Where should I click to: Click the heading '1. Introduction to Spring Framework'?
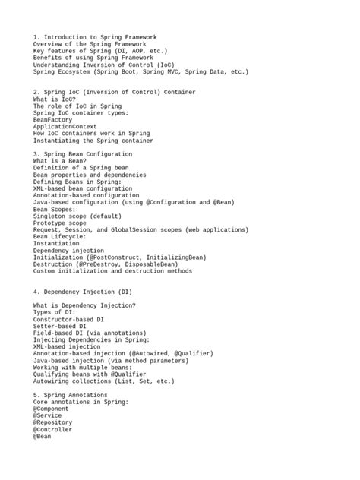click(x=95, y=36)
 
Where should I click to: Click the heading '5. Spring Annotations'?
click(x=71, y=395)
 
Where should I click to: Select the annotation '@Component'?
click(x=52, y=409)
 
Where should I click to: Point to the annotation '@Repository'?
click(x=55, y=422)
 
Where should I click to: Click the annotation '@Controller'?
click(x=55, y=429)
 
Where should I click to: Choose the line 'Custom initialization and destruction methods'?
click(x=113, y=270)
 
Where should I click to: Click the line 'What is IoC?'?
click(x=55, y=99)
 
